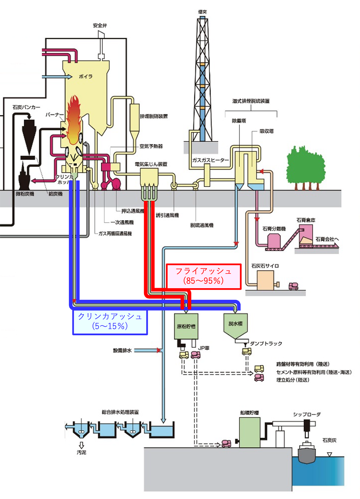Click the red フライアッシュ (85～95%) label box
[203, 276]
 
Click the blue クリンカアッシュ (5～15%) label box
[110, 321]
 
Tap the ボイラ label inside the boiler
[86, 76]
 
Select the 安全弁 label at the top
[100, 26]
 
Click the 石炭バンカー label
[26, 107]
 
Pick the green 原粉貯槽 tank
[186, 326]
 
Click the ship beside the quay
[307, 452]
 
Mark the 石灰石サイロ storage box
[265, 281]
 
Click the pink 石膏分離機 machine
[274, 241]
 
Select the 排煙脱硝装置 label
[154, 116]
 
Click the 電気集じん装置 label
[151, 164]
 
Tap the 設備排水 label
[122, 350]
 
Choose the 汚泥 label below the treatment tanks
[81, 453]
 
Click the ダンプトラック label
[266, 343]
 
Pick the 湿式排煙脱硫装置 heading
[251, 101]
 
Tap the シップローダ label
[306, 414]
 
